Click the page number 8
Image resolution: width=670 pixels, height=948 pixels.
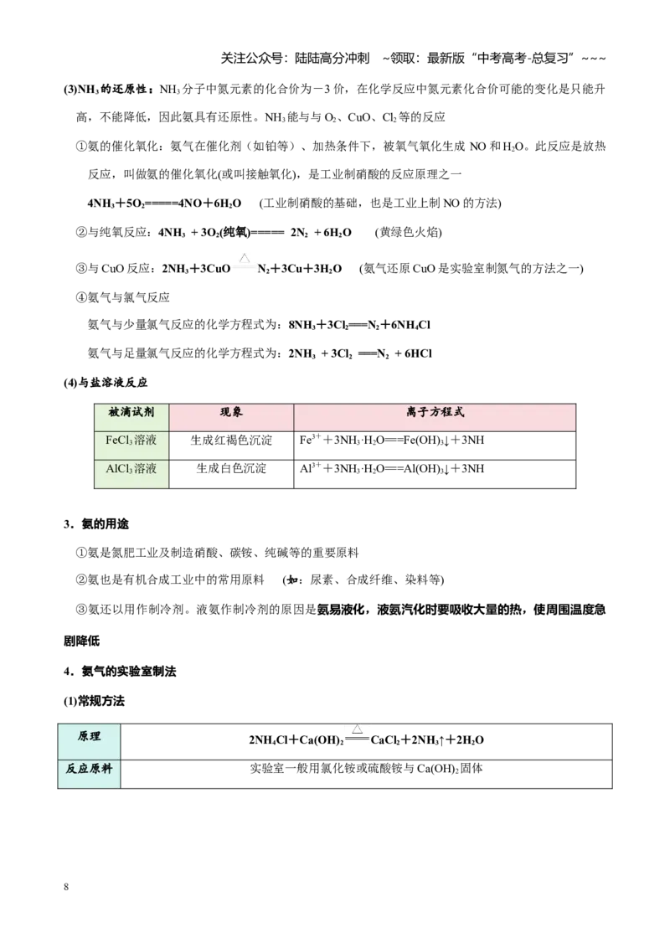tap(66, 887)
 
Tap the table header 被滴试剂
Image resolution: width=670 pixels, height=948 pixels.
tap(131, 412)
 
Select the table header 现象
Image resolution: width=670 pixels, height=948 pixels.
tap(231, 412)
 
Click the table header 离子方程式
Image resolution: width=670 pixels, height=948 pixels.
tap(435, 412)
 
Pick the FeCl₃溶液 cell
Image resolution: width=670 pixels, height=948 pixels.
tap(131, 441)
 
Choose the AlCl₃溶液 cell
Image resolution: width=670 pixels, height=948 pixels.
tap(131, 469)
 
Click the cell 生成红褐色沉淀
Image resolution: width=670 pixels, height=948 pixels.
tap(231, 441)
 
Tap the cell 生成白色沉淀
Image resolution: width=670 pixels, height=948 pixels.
tap(231, 469)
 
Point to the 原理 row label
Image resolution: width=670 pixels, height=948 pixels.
tap(89, 736)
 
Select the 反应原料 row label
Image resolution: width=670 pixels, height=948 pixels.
tap(89, 769)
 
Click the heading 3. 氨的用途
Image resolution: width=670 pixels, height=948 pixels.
tap(96, 524)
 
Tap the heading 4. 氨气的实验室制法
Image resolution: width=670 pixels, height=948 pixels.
tap(120, 672)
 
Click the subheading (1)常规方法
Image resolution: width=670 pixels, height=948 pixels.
tap(94, 701)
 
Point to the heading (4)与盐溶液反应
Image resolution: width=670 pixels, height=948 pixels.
tap(106, 383)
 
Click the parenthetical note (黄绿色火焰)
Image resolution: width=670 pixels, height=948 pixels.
tap(408, 232)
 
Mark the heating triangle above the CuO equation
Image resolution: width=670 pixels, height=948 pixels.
tap(245, 258)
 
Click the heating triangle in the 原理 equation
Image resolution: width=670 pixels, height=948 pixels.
tap(357, 729)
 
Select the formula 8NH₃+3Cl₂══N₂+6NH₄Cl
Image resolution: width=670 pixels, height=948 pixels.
tap(359, 325)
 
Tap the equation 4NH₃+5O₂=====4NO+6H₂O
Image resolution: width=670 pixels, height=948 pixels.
tap(164, 204)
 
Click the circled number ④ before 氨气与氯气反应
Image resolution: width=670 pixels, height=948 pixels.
tap(81, 297)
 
